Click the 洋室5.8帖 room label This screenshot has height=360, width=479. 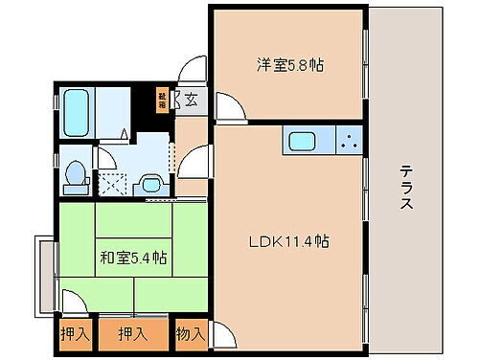pyautogui.click(x=289, y=66)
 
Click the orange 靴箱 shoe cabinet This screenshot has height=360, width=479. pyautogui.click(x=162, y=98)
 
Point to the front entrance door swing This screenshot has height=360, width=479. pyautogui.click(x=194, y=69)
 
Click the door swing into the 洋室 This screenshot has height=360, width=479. pyautogui.click(x=227, y=106)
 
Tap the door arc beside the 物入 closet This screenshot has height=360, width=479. pyautogui.click(x=222, y=335)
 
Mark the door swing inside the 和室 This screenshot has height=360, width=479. pyautogui.click(x=70, y=301)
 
